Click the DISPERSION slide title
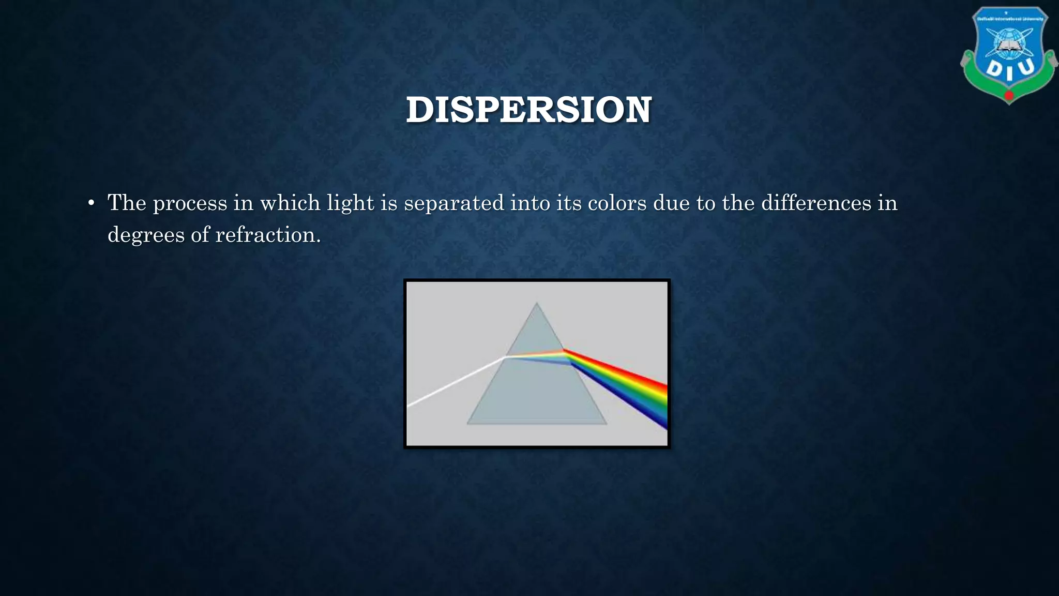[x=528, y=110]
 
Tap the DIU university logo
[x=1008, y=54]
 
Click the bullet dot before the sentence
[x=91, y=203]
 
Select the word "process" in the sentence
[x=190, y=203]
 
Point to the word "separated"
[x=453, y=203]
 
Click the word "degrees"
[x=146, y=235]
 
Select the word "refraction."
[x=268, y=235]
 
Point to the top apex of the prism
[x=537, y=304]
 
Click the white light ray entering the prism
[x=455, y=382]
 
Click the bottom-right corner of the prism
[x=606, y=424]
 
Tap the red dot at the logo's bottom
[x=1009, y=96]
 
